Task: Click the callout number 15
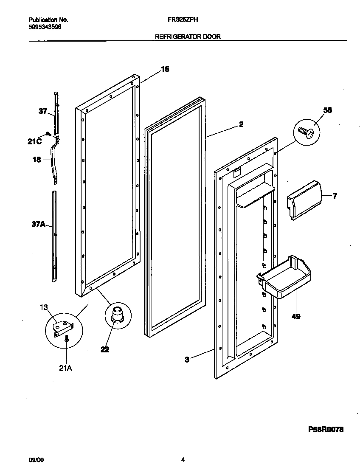click(165, 69)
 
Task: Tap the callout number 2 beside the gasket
click(241, 124)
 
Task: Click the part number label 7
click(335, 196)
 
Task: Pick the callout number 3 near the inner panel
click(187, 359)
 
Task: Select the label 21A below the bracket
click(65, 369)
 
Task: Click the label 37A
click(38, 224)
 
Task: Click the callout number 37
click(43, 112)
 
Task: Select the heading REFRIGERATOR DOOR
click(187, 37)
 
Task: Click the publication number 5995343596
click(45, 26)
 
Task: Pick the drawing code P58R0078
click(325, 430)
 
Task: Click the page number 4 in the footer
click(183, 459)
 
